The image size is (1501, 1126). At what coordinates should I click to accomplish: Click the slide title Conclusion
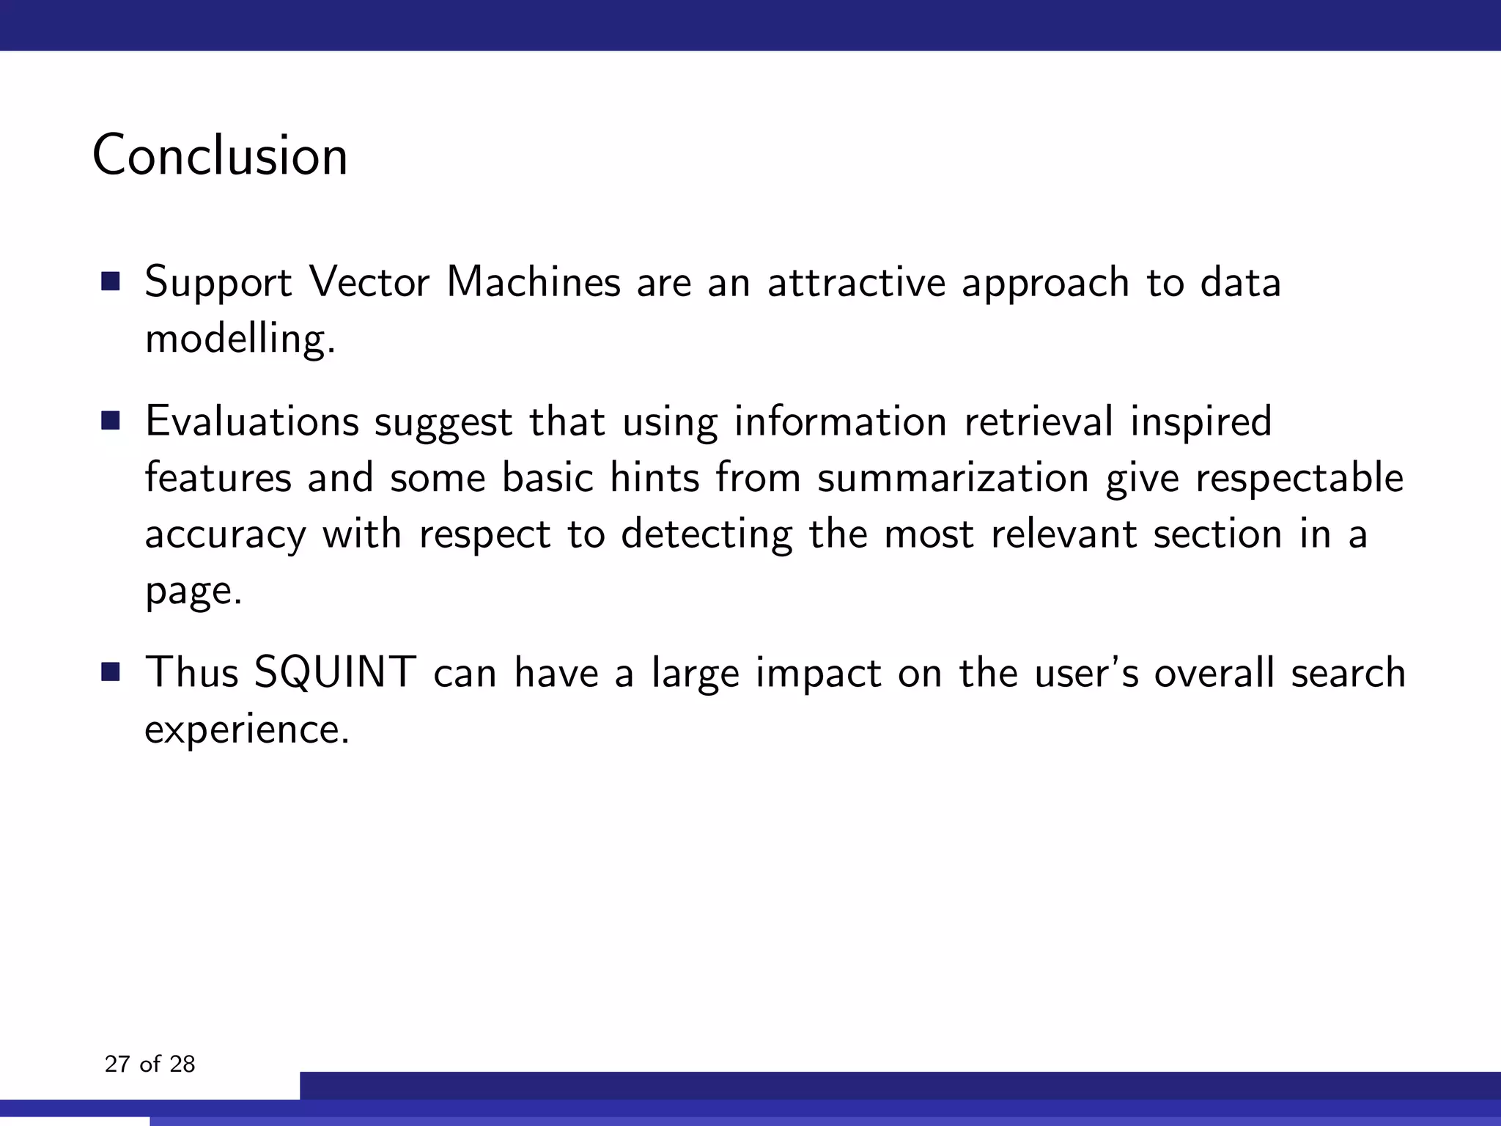pyautogui.click(x=220, y=155)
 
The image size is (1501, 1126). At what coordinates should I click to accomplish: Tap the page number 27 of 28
pyautogui.click(x=150, y=1064)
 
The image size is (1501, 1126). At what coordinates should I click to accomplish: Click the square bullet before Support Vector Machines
pyautogui.click(x=111, y=281)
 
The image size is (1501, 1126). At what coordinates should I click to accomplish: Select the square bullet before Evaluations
pyautogui.click(x=111, y=421)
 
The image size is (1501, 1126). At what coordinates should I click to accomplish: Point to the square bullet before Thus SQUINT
pyautogui.click(x=111, y=672)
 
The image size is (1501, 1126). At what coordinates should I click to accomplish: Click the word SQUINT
pyautogui.click(x=335, y=672)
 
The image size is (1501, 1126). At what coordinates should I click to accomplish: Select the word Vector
pyautogui.click(x=369, y=281)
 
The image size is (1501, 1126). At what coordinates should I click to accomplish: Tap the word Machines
pyautogui.click(x=534, y=281)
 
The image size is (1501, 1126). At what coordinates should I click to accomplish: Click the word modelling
pyautogui.click(x=240, y=339)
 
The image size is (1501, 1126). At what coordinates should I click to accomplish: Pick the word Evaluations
pyautogui.click(x=251, y=422)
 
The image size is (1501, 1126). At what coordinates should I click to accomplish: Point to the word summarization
pyautogui.click(x=953, y=478)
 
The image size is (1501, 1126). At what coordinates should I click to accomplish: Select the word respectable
pyautogui.click(x=1299, y=478)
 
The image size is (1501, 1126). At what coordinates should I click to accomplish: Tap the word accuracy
pyautogui.click(x=225, y=535)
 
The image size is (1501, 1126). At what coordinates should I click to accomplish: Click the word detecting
pyautogui.click(x=707, y=535)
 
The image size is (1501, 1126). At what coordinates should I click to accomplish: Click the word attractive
pyautogui.click(x=856, y=281)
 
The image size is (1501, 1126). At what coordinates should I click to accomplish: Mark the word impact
pyautogui.click(x=818, y=674)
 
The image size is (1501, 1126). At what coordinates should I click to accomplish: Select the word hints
pyautogui.click(x=654, y=478)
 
